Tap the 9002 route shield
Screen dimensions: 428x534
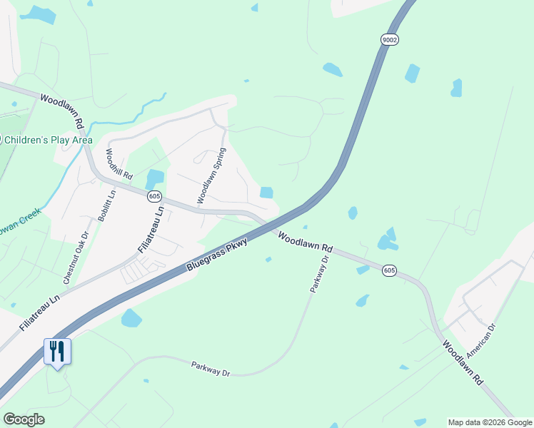coord(389,40)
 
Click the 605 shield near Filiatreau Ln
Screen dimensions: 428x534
coord(155,196)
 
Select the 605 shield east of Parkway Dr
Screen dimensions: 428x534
coord(389,270)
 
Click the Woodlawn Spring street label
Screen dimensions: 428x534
coord(211,176)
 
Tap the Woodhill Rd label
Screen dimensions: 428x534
coord(119,163)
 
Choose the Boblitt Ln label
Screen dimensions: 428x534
coord(106,206)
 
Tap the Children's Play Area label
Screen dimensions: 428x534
coord(47,140)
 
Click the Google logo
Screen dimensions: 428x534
coord(24,419)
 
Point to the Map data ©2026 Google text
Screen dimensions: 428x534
coord(490,422)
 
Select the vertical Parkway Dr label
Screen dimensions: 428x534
coord(319,275)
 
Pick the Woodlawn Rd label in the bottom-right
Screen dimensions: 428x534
coord(463,364)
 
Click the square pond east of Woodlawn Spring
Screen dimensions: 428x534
coord(266,192)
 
